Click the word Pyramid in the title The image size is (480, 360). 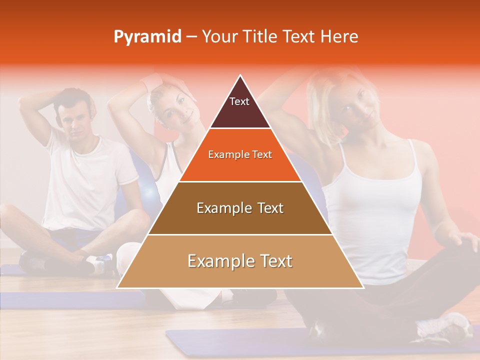tap(147, 37)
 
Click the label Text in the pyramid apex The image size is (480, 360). tap(239, 101)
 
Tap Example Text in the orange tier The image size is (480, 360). tap(240, 154)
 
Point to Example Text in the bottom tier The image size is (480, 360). tap(240, 261)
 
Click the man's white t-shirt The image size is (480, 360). tap(85, 180)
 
